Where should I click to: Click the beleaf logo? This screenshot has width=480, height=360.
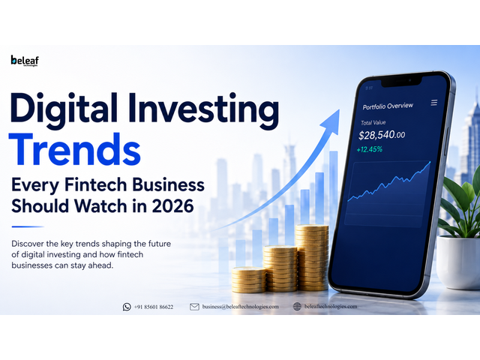25,61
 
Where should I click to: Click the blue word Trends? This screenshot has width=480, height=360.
75,150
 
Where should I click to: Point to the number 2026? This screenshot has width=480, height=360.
172,205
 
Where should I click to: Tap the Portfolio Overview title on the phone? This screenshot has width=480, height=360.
388,106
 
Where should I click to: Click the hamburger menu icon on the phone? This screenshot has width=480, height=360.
434,103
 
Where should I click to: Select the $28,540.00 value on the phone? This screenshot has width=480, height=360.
382,135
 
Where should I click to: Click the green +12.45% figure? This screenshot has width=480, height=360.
370,149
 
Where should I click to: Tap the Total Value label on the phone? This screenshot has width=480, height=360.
373,123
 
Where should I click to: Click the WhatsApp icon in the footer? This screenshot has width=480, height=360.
127,307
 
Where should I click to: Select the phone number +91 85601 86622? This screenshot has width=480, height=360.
154,307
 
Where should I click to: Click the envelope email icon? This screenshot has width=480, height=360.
194,307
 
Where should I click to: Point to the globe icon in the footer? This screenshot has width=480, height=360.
297,307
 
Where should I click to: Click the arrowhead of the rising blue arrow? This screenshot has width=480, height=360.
332,121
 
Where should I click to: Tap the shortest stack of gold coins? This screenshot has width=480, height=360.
248,280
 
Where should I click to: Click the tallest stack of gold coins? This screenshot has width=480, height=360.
312,257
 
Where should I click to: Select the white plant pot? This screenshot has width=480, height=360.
458,262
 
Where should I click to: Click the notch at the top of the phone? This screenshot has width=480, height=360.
401,81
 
